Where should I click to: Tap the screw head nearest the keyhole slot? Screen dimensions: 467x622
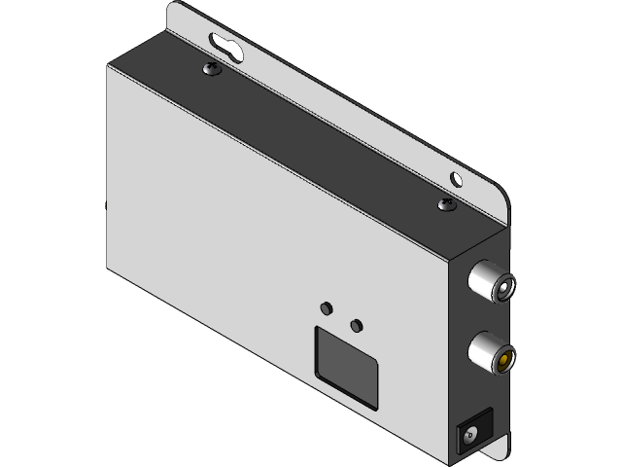(x=211, y=69)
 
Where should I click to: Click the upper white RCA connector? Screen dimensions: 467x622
(x=491, y=282)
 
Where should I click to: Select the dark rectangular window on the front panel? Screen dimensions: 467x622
(x=346, y=366)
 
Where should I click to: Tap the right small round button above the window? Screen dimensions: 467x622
(x=357, y=324)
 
